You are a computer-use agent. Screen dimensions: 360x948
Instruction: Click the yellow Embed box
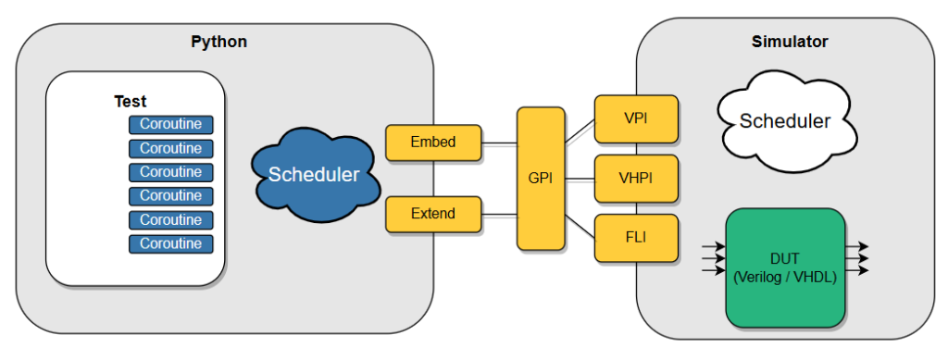(433, 143)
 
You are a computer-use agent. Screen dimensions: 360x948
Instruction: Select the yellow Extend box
(433, 214)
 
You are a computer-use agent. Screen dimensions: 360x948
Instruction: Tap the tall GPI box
(541, 179)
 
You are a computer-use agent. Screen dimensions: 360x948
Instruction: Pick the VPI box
(636, 119)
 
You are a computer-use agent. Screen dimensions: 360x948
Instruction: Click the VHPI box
(636, 178)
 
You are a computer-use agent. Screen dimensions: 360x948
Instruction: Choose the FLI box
(636, 237)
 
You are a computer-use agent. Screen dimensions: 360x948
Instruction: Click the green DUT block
(785, 267)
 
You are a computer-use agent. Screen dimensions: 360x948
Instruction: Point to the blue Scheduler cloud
(313, 174)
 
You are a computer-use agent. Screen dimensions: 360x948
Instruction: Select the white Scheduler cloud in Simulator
(784, 121)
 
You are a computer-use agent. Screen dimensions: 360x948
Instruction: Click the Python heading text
(218, 42)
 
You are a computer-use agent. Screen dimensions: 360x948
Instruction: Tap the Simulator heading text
(789, 42)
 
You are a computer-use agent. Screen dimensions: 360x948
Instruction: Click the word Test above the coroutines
(131, 102)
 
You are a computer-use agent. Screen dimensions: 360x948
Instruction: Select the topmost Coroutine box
(170, 124)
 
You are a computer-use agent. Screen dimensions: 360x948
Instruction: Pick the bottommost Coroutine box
(170, 244)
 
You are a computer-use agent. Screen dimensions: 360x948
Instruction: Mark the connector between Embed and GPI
(499, 143)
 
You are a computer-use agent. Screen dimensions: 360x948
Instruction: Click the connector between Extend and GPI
(499, 215)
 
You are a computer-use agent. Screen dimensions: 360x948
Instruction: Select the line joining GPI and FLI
(580, 225)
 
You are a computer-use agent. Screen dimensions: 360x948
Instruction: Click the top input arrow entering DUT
(714, 247)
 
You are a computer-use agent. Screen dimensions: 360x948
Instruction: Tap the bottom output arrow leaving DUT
(857, 271)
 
